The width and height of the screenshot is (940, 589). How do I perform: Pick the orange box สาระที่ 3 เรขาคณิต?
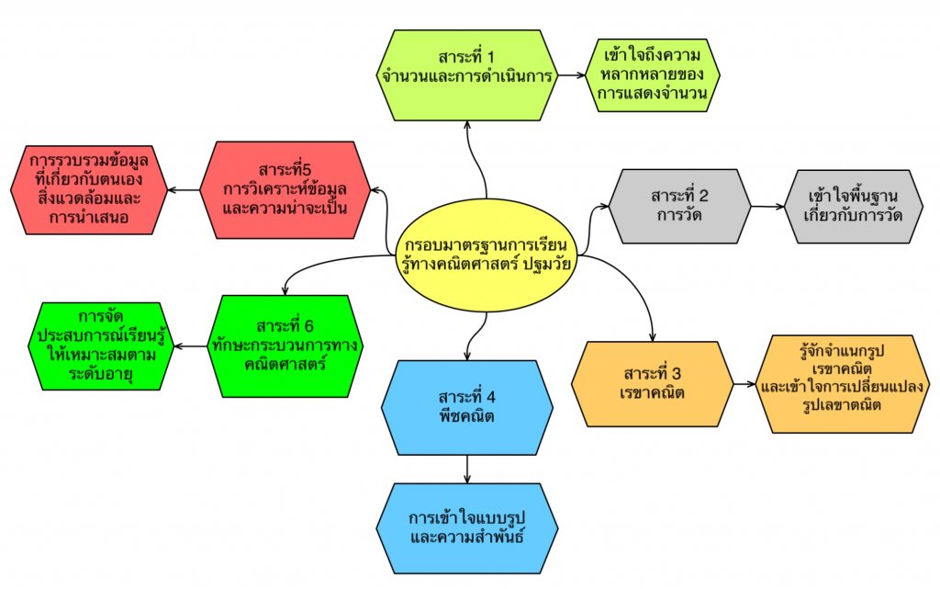pyautogui.click(x=653, y=382)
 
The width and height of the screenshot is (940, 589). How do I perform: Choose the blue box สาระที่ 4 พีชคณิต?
pyautogui.click(x=467, y=407)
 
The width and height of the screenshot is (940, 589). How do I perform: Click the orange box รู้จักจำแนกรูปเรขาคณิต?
pyautogui.click(x=842, y=383)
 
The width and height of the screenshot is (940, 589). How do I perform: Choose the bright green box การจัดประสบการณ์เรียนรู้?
pyautogui.click(x=100, y=345)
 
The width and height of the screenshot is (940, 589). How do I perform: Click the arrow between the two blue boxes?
pyautogui.click(x=468, y=469)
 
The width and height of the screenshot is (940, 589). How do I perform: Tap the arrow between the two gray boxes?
pyautogui.click(x=765, y=207)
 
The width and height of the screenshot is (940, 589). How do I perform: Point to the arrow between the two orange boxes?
pyautogui.click(x=745, y=381)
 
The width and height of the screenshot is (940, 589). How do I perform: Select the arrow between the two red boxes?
pyautogui.click(x=185, y=191)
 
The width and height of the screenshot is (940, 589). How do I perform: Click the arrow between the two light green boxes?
pyautogui.click(x=573, y=74)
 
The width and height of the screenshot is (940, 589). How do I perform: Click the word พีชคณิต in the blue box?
pyautogui.click(x=467, y=416)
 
